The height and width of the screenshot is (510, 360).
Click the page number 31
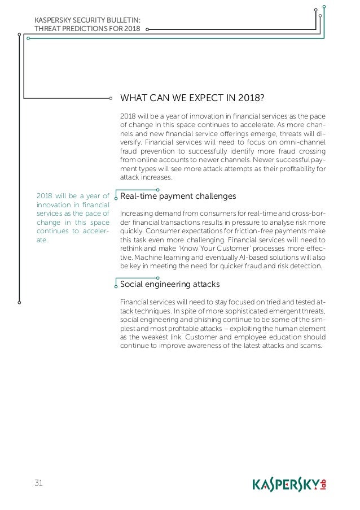tap(39, 482)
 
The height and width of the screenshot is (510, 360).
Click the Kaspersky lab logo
tap(289, 485)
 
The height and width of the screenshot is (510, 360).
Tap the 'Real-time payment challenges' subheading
tap(178, 196)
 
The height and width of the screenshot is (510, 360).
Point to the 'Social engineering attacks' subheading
tap(170, 284)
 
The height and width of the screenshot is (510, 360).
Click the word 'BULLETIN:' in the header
tap(124, 21)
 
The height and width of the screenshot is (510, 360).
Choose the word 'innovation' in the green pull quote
tap(53, 205)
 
